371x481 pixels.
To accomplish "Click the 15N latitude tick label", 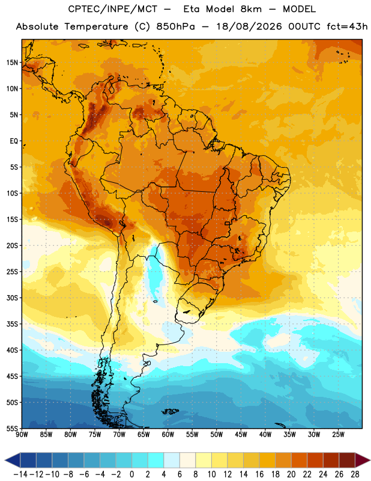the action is click(x=12, y=63).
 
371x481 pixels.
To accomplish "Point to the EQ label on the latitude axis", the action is click(x=14, y=141).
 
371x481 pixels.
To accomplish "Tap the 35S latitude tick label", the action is click(x=12, y=324).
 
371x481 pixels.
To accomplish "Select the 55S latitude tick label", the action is click(x=12, y=428).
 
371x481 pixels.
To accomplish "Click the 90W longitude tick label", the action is click(x=22, y=435).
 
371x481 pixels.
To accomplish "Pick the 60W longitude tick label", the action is click(x=168, y=435).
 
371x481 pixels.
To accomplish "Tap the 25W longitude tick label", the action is click(x=338, y=435).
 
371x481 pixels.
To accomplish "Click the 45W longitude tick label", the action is click(x=241, y=435).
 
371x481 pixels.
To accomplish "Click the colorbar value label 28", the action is click(x=355, y=474).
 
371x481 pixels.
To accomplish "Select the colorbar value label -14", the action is click(x=20, y=474).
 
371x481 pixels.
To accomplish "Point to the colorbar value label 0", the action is click(x=131, y=474).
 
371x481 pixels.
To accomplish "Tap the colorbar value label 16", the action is click(x=259, y=474).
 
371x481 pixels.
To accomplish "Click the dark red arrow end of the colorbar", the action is click(x=363, y=460).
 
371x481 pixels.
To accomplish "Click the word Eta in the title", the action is click(x=192, y=9).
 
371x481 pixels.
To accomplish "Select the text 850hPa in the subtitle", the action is click(x=175, y=26).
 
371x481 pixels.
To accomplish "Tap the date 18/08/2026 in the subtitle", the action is click(x=249, y=26).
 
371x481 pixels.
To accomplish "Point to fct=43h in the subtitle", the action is click(x=347, y=26).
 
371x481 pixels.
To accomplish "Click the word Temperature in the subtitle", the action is click(x=96, y=26).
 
